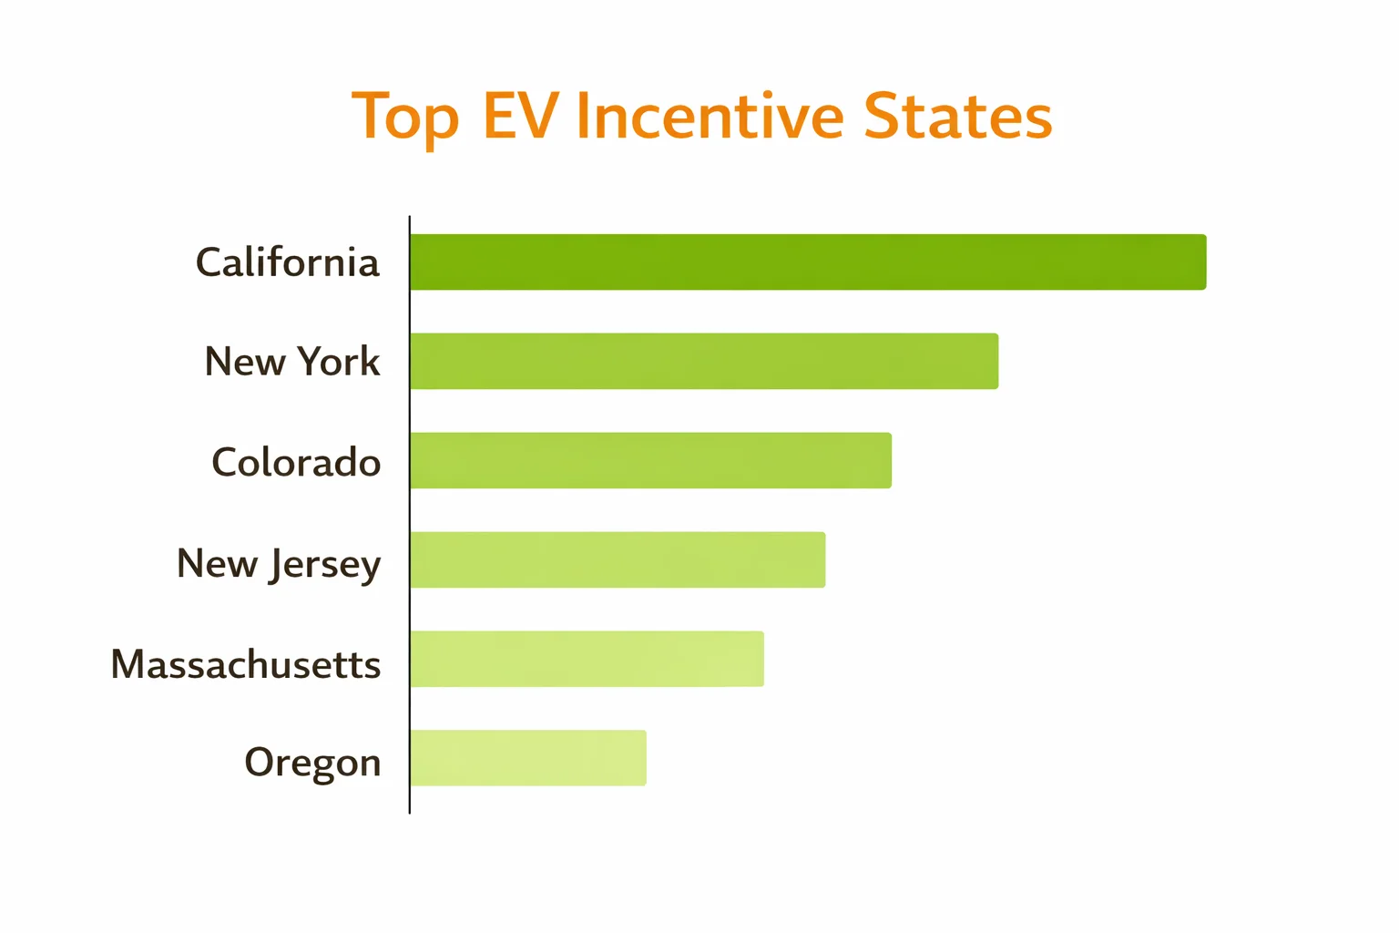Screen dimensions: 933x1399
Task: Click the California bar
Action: coord(808,262)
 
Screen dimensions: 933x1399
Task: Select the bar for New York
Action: coord(704,362)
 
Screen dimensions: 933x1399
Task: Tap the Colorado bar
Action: coord(650,461)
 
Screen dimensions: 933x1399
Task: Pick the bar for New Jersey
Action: coord(618,560)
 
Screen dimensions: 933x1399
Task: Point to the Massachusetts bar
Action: coord(587,659)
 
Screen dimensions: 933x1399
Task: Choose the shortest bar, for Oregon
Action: coord(528,758)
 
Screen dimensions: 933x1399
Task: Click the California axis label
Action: coord(287,262)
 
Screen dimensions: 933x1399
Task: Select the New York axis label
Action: coord(291,362)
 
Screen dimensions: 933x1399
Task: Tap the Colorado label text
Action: coord(296,462)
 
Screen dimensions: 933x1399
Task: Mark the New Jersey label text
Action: coord(278,564)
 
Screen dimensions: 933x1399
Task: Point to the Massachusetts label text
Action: coord(245,664)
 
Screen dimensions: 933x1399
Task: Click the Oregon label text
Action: coord(312,763)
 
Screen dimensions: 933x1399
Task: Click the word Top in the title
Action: coord(404,118)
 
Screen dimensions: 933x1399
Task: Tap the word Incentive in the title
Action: coord(710,116)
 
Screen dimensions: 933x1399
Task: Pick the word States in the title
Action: coord(957,116)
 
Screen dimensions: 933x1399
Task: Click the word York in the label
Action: coord(338,362)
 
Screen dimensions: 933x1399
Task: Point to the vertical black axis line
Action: coord(410,515)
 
